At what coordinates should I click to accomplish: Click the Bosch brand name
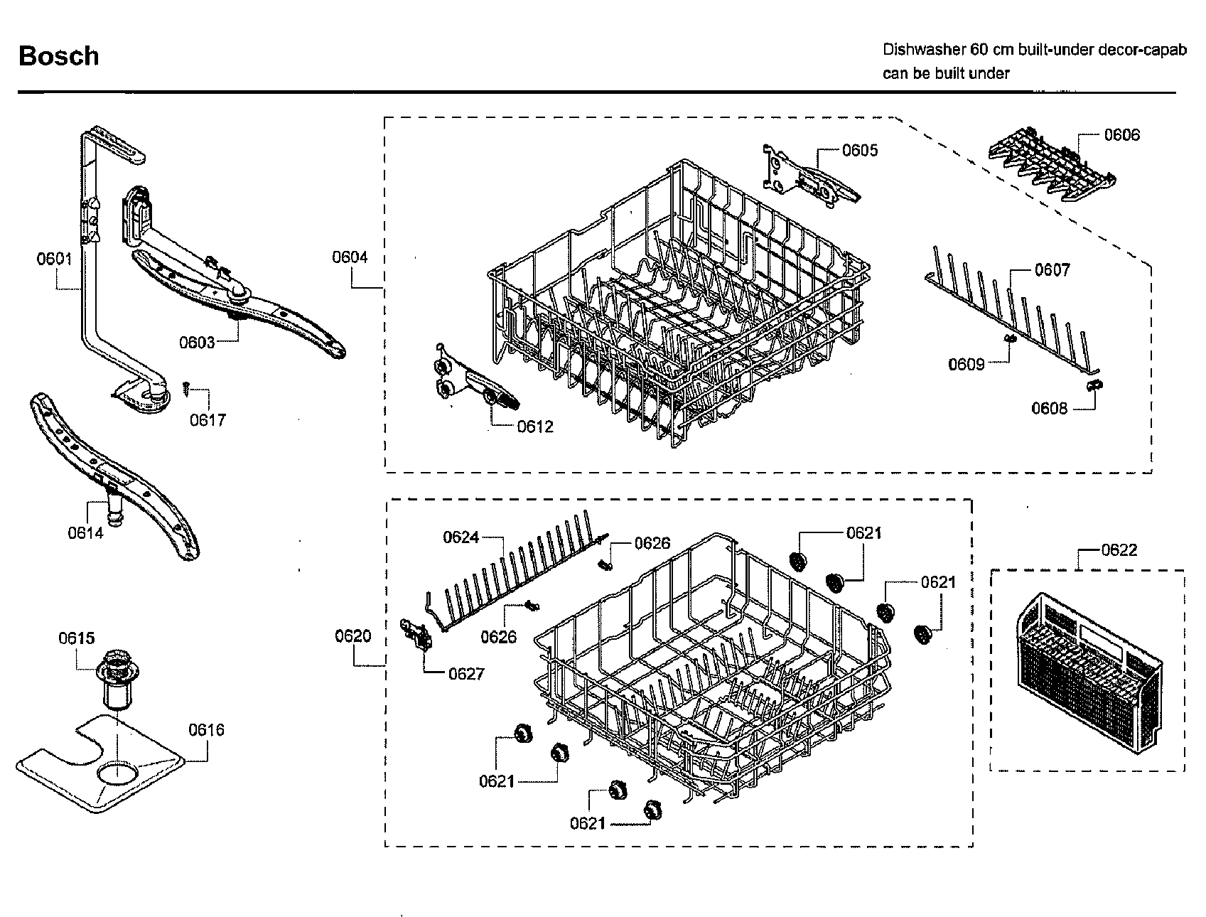tap(58, 55)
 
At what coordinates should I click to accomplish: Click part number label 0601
tap(55, 259)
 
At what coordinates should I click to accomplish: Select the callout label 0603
tap(197, 343)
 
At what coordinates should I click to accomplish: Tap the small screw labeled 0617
tap(185, 386)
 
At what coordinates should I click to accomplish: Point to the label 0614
tap(86, 532)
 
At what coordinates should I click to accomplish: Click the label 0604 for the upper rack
tap(350, 257)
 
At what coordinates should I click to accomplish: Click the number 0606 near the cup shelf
tap(1121, 135)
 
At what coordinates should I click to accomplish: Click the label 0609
tap(967, 365)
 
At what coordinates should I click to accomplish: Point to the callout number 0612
tap(535, 427)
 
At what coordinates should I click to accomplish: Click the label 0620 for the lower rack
tap(353, 636)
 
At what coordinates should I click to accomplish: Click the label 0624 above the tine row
tap(461, 537)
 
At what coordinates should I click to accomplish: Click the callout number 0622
tap(1119, 549)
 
